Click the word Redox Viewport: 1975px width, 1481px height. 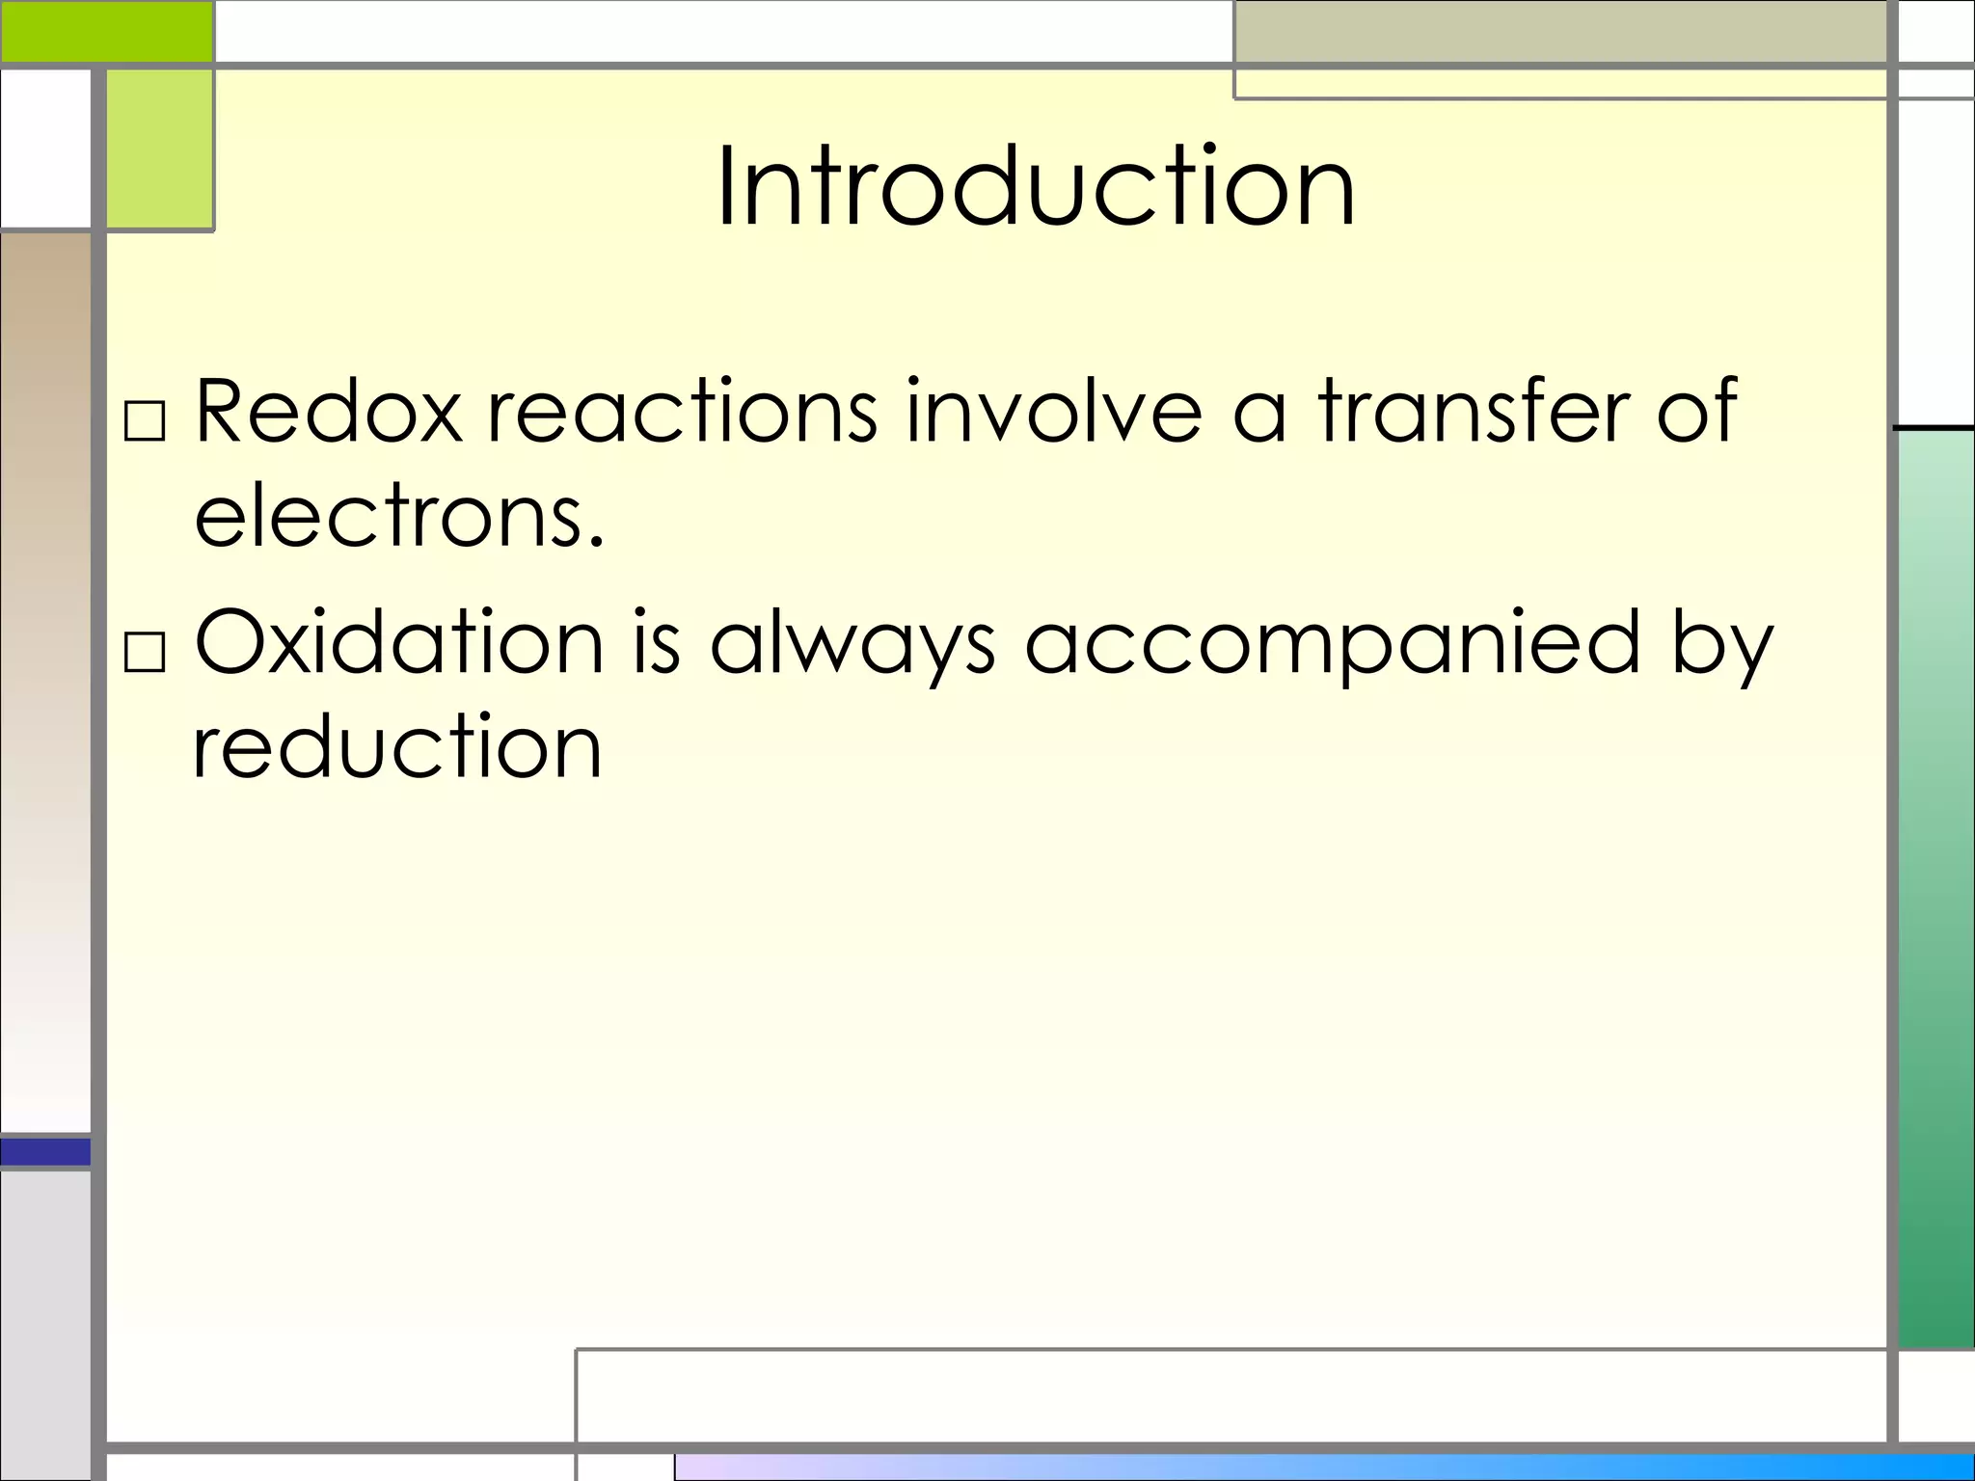328,412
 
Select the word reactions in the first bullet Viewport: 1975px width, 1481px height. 683,412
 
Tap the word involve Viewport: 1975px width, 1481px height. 1054,412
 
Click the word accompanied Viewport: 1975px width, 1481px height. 1332,644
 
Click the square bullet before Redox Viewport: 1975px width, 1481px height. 146,421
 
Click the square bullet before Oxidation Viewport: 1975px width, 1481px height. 146,653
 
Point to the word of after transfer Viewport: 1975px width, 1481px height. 1697,412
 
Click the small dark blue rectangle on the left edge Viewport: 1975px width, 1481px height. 45,1151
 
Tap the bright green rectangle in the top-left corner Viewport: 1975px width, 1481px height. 106,31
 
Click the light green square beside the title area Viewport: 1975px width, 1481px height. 159,149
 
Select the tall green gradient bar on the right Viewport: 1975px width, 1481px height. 1935,887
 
